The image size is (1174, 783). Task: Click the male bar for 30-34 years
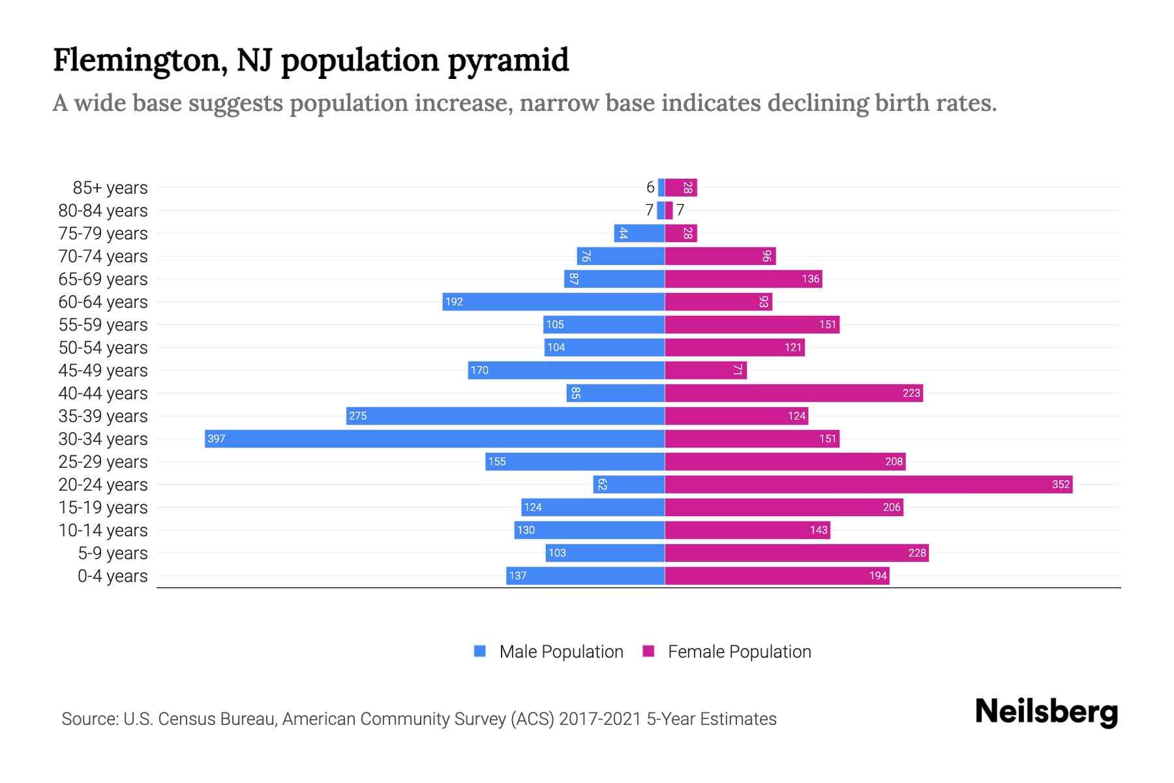[434, 438]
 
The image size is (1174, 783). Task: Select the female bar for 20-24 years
[868, 484]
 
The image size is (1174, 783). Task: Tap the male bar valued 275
[505, 416]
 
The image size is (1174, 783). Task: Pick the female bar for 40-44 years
[794, 393]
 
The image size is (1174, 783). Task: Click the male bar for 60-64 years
[554, 301]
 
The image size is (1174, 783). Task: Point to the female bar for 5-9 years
[796, 553]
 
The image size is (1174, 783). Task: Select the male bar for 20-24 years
[629, 484]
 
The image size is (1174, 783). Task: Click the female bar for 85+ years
[681, 187]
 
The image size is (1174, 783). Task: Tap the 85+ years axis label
[110, 188]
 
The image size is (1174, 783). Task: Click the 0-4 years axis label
[113, 576]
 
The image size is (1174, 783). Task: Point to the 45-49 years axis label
[103, 371]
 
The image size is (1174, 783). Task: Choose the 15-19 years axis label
[103, 508]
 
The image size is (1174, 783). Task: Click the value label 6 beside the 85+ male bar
[650, 187]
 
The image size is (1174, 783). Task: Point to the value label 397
[216, 438]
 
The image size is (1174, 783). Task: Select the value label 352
[1061, 484]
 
